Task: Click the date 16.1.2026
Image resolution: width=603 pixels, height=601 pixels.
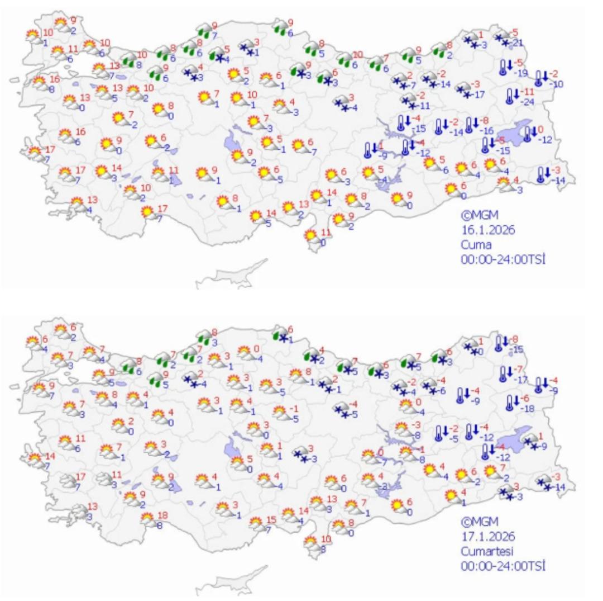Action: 487,230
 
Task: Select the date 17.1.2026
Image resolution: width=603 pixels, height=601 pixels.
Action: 487,536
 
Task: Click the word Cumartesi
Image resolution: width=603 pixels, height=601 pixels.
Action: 486,550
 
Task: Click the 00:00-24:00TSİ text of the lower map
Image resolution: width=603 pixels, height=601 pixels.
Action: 502,565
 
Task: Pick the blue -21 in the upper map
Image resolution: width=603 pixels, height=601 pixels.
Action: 516,44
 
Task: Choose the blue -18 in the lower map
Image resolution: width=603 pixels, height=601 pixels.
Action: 528,409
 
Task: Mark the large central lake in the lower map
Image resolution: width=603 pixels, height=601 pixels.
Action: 232,448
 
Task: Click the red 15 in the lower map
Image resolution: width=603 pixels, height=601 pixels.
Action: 272,519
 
